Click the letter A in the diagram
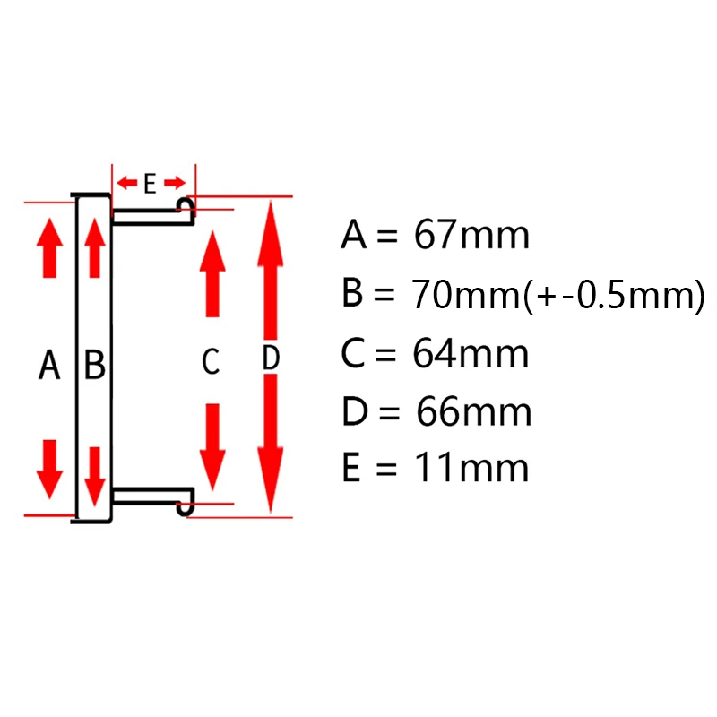(x=50, y=366)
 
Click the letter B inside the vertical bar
(x=95, y=366)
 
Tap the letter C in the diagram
(x=210, y=363)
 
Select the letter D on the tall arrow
(x=271, y=358)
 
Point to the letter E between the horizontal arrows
(x=150, y=184)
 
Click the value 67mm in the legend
(x=471, y=236)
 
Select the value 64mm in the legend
(x=471, y=354)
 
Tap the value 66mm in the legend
(x=473, y=413)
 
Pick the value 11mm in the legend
(x=471, y=468)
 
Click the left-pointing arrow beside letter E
(x=126, y=184)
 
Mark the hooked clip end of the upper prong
(x=186, y=208)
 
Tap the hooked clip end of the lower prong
(x=186, y=505)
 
